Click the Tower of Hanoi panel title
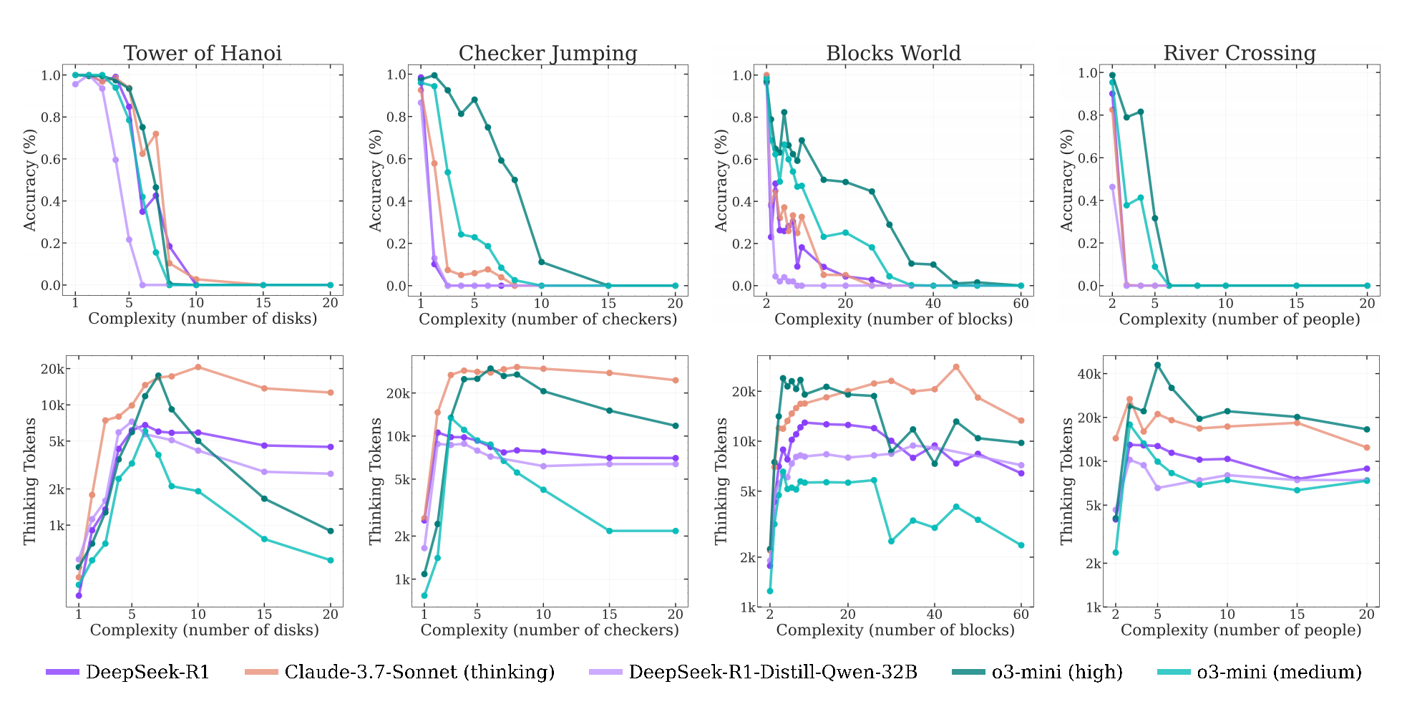tap(203, 54)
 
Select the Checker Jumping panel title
tap(547, 54)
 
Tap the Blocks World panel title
tap(893, 54)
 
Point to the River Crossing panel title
tap(1239, 54)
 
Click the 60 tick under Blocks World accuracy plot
tap(1021, 303)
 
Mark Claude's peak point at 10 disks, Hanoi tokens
tap(198, 367)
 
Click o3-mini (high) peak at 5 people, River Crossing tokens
tap(1157, 365)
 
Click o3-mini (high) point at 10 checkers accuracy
tap(541, 262)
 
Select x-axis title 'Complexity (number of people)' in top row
tap(1239, 319)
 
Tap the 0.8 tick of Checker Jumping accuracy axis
tap(396, 117)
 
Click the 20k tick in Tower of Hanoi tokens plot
tap(52, 370)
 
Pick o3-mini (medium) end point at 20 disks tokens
tap(331, 560)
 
